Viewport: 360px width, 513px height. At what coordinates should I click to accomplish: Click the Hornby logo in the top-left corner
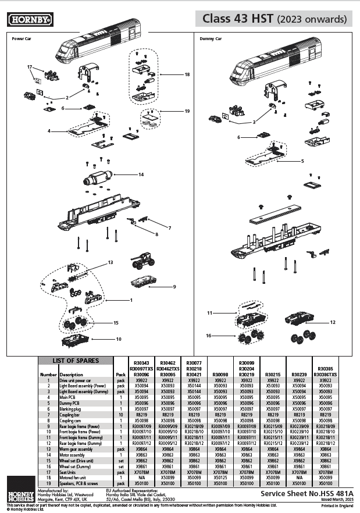31,20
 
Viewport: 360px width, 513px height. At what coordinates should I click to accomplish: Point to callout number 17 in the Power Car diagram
30,67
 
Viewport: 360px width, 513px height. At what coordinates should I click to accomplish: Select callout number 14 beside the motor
141,174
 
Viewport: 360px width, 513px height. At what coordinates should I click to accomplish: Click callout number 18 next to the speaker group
187,74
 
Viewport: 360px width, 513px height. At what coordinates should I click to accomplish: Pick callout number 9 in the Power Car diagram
174,287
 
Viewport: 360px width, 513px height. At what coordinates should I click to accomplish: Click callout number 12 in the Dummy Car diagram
333,322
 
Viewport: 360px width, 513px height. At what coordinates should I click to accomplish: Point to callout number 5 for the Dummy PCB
302,161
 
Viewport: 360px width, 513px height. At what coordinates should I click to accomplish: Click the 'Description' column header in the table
71,375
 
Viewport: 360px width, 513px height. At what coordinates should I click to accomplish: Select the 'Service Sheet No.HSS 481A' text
305,491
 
